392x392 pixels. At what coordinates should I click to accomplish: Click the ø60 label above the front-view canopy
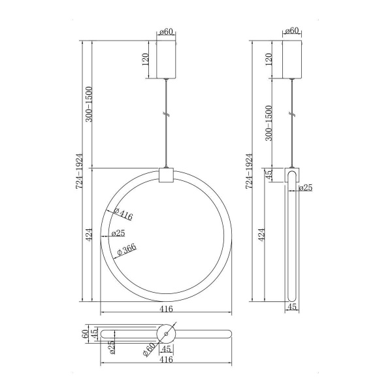(x=166, y=32)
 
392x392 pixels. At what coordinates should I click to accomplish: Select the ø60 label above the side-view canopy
(x=292, y=31)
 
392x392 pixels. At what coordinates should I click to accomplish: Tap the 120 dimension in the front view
(x=145, y=59)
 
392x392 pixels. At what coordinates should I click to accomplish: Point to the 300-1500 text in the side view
(x=269, y=123)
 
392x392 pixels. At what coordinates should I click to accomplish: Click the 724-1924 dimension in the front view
(x=80, y=171)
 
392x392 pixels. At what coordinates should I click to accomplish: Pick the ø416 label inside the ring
(x=123, y=214)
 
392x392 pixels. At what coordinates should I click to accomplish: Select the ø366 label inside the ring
(x=127, y=250)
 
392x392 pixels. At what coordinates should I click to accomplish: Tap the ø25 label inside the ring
(x=118, y=233)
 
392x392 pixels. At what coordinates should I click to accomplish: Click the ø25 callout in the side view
(x=306, y=188)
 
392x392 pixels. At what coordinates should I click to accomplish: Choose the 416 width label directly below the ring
(x=166, y=309)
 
